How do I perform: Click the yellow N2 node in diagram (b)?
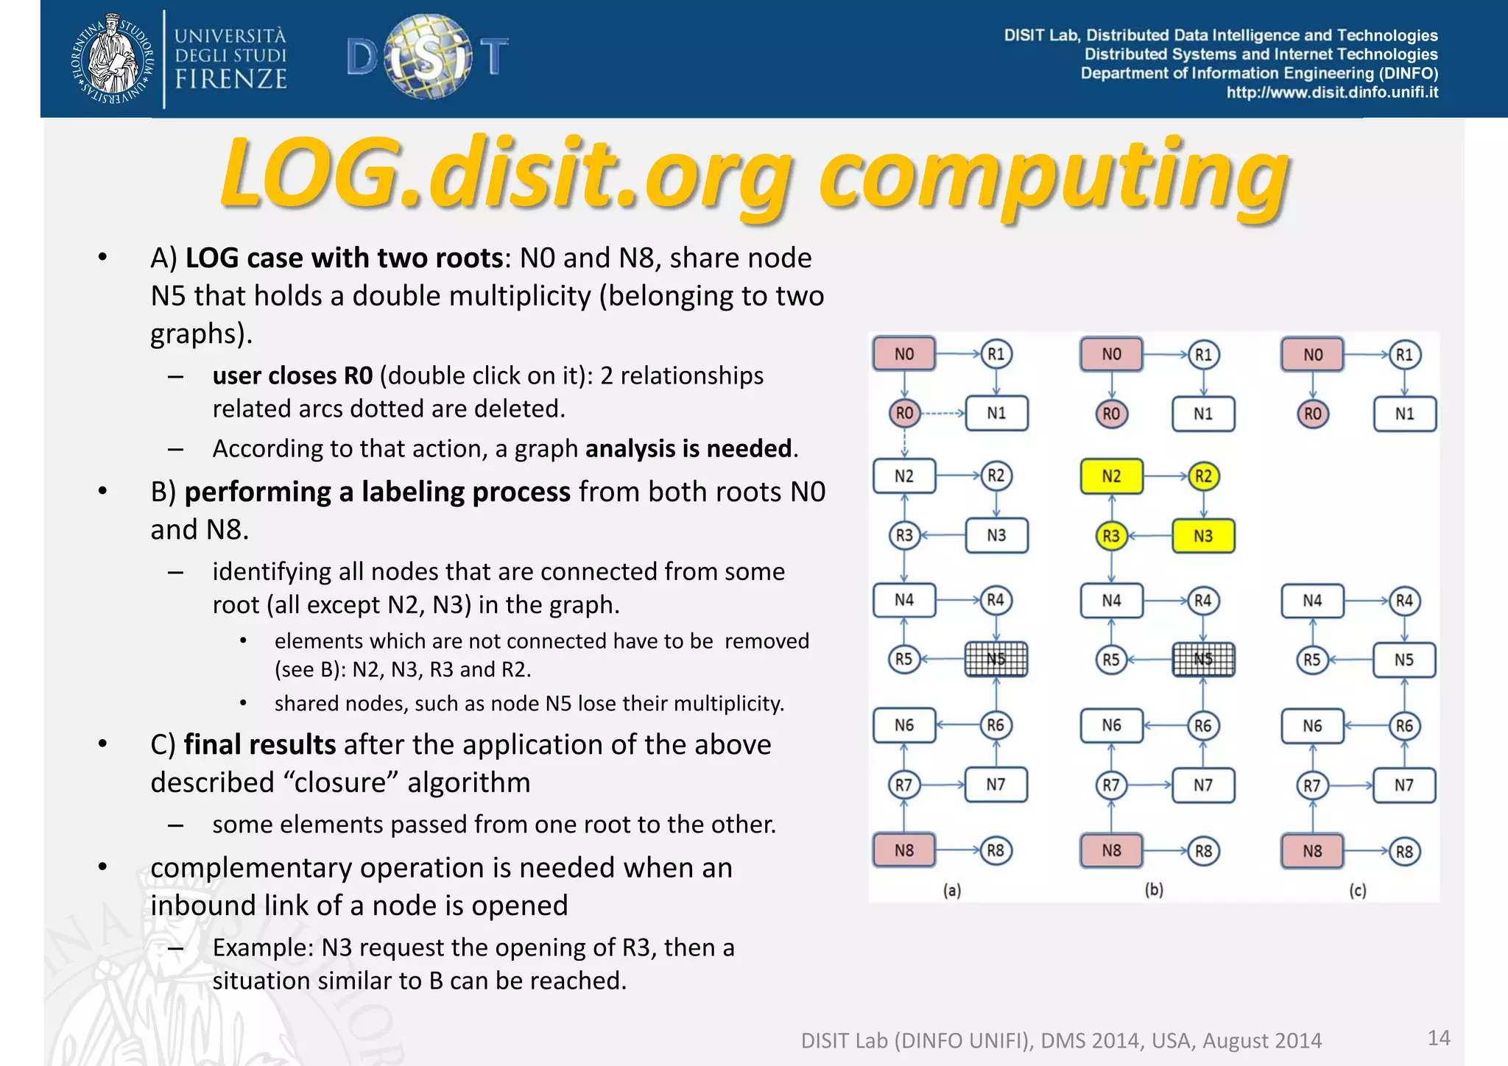[1111, 476]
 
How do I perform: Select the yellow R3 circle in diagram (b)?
[1111, 536]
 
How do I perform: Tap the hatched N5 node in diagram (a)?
[996, 659]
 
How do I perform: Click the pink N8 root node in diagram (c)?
[1312, 851]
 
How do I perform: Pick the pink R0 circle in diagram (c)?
[1312, 414]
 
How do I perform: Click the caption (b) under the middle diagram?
[1154, 890]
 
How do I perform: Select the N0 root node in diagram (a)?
[904, 354]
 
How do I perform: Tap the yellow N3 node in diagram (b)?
[1202, 536]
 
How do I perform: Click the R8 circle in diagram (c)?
[1404, 852]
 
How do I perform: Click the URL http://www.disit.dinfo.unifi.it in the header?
[1331, 93]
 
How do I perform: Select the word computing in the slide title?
[1053, 177]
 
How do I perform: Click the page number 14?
[1438, 1038]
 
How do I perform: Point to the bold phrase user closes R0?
[292, 375]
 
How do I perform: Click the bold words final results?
[259, 744]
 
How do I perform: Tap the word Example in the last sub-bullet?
[261, 947]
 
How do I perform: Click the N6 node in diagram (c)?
[1312, 726]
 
